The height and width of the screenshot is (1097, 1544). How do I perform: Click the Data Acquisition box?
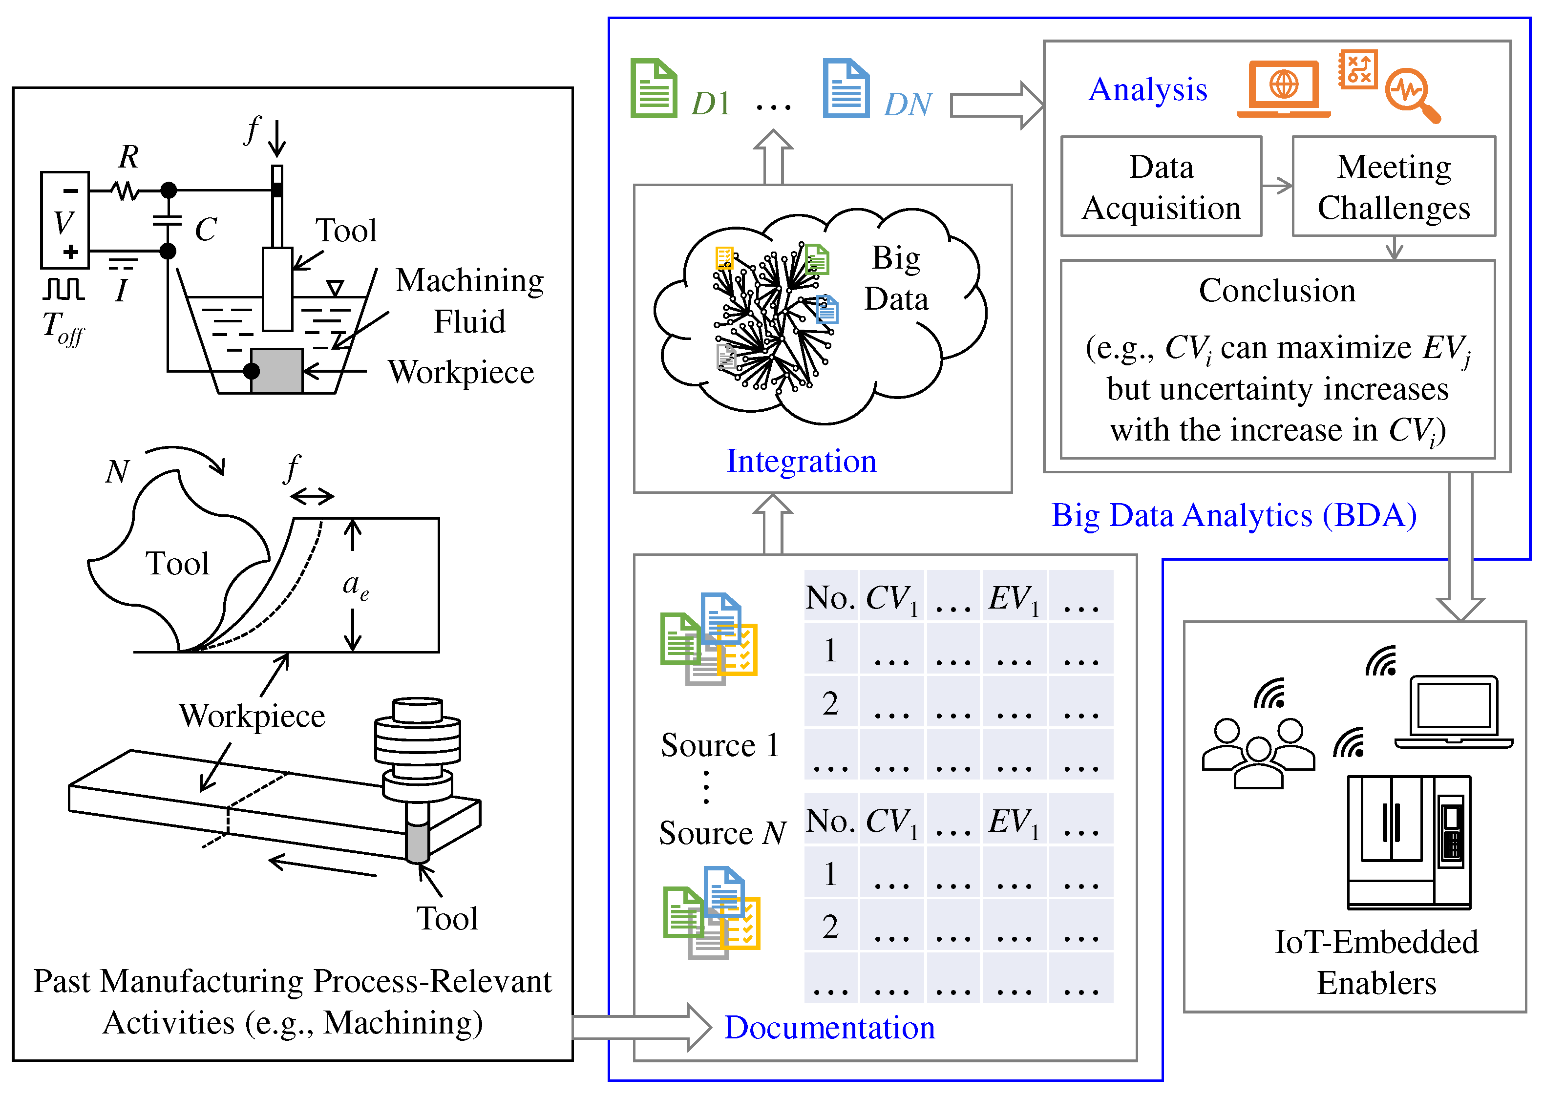tap(1161, 187)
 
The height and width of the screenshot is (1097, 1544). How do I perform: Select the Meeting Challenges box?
tap(1394, 187)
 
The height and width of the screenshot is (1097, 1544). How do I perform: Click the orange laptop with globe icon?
tap(1283, 88)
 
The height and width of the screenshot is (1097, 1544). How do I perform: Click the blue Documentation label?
tap(829, 1028)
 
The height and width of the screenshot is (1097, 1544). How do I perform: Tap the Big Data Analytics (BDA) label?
tap(1234, 515)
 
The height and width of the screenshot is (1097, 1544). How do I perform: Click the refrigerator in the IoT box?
tap(1408, 842)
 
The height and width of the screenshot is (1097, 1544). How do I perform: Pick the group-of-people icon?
tap(1258, 753)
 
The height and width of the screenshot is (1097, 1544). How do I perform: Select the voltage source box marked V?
tap(65, 220)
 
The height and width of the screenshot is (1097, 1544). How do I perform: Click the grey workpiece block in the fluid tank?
tap(276, 371)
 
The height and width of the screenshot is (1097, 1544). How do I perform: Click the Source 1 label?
tap(720, 745)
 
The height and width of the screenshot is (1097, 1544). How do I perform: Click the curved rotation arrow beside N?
tap(186, 457)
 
